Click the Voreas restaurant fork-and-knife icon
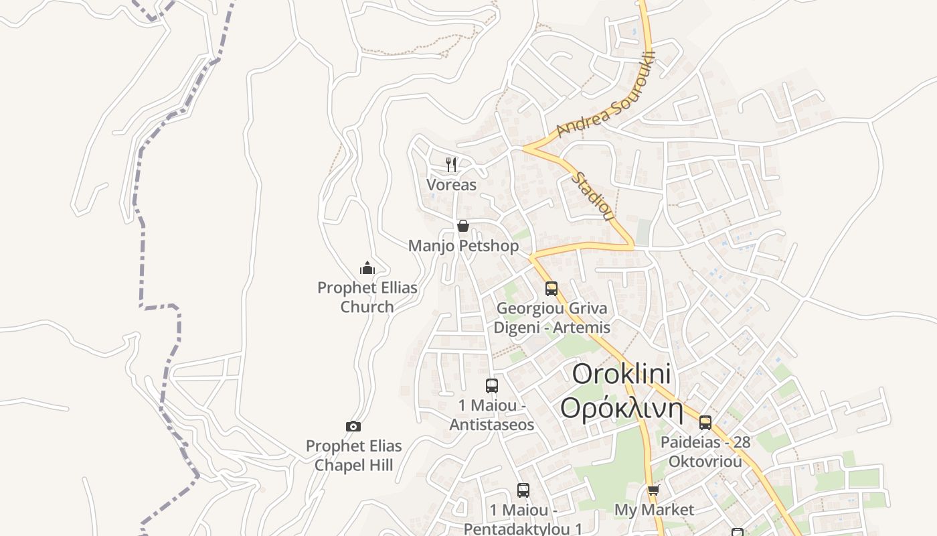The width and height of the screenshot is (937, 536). (x=452, y=164)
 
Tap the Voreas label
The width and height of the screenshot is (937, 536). (x=452, y=185)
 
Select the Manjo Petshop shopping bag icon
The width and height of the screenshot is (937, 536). (x=462, y=226)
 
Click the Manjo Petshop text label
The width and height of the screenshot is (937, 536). (x=463, y=246)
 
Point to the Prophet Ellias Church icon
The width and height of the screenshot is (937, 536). (x=367, y=269)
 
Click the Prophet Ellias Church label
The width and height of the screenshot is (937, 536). (x=367, y=297)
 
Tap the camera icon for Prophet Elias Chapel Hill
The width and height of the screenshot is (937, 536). (x=353, y=426)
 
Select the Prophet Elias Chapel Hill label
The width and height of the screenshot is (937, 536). (x=353, y=456)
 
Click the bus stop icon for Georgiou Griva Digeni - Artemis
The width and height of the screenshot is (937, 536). (x=551, y=289)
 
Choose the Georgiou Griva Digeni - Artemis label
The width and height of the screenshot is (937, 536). (x=552, y=318)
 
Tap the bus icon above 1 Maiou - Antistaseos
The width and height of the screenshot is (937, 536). (x=492, y=386)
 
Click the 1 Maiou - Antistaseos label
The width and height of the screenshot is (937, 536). (x=492, y=415)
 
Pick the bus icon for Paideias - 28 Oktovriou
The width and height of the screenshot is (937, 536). (x=705, y=423)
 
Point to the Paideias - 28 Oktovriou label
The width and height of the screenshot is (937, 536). (x=705, y=452)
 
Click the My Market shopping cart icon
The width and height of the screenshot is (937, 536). (x=653, y=490)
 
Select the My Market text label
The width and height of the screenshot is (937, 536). (x=654, y=510)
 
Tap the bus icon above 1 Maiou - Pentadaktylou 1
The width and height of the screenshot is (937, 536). (x=523, y=490)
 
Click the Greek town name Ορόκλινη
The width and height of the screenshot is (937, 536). (x=622, y=408)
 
